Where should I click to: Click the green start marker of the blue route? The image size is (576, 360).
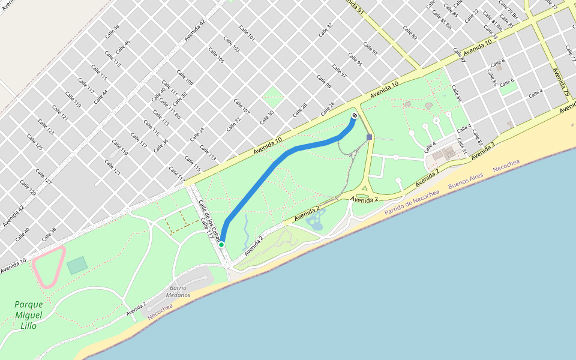coord(221,245)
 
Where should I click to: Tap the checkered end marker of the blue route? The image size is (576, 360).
coord(355,115)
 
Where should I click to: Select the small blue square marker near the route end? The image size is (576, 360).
coord(369,137)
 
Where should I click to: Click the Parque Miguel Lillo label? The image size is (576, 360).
coord(29,315)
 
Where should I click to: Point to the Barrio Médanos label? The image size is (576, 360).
coord(179,292)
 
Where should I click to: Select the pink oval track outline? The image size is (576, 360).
coord(49,265)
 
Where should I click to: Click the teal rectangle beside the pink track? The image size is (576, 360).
coord(77,265)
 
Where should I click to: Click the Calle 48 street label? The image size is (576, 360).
coord(112,31)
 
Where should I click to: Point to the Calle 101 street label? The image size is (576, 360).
coord(247,33)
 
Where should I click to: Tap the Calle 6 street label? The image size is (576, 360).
coord(507,82)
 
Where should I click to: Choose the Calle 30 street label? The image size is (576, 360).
coord(266,117)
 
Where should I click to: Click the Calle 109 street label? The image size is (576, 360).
coord(185,77)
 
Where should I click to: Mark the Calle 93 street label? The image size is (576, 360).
coord(370,49)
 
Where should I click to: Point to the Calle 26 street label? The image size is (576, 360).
coord(328,109)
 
